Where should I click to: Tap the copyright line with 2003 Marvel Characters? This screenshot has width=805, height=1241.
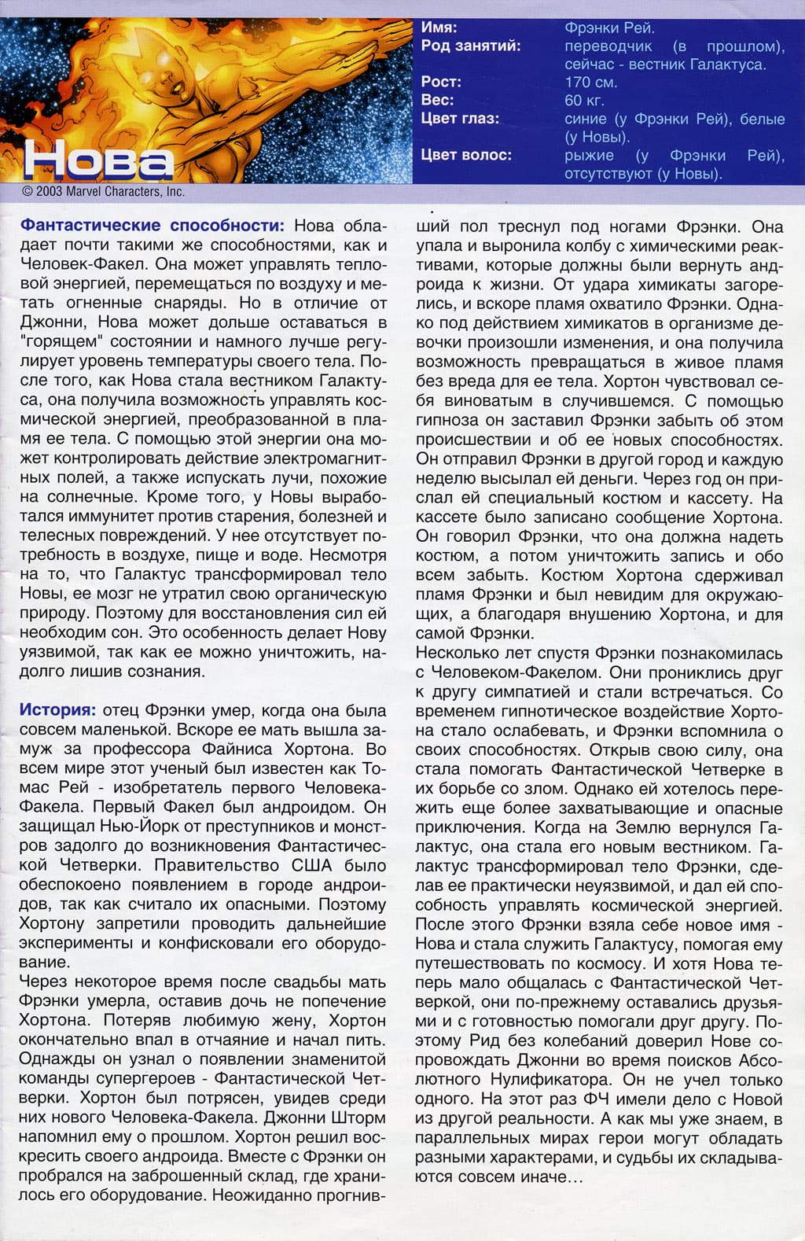pos(104,191)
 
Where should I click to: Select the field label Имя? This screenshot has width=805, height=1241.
pos(439,28)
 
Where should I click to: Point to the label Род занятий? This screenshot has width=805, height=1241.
pos(470,46)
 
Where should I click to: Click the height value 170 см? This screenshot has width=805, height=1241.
pos(591,82)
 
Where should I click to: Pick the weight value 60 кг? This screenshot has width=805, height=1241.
pos(584,100)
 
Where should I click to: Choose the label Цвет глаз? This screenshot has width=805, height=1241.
pos(460,119)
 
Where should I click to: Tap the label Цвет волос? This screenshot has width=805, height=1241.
pos(466,155)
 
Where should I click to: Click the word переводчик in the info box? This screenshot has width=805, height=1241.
pos(608,46)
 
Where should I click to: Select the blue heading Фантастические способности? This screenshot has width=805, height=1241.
pos(152,226)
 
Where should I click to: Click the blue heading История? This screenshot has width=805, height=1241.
pos(57,710)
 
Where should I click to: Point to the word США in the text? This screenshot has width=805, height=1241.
pos(312,866)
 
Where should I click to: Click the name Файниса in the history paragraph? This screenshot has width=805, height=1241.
pos(270,749)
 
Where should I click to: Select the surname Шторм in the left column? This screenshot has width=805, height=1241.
pos(360,1118)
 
